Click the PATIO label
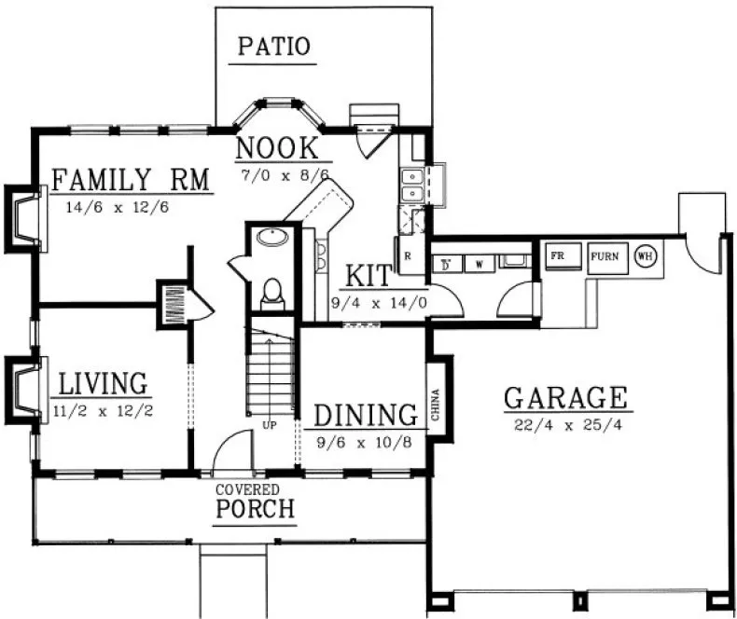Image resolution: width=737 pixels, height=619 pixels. [273, 47]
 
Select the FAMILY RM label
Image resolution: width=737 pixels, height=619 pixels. [129, 179]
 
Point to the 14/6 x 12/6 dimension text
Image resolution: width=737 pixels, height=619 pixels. [118, 208]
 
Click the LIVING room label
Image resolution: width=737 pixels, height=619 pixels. [104, 383]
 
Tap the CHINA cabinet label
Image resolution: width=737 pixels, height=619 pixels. [436, 405]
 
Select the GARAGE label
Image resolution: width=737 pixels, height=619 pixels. [565, 398]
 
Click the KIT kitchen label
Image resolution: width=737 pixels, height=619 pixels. [367, 277]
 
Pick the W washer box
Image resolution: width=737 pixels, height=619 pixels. [479, 264]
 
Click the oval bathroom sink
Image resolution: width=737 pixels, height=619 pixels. [272, 238]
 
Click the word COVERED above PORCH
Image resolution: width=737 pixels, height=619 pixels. [247, 489]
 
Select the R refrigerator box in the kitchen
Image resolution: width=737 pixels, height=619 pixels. [409, 254]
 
